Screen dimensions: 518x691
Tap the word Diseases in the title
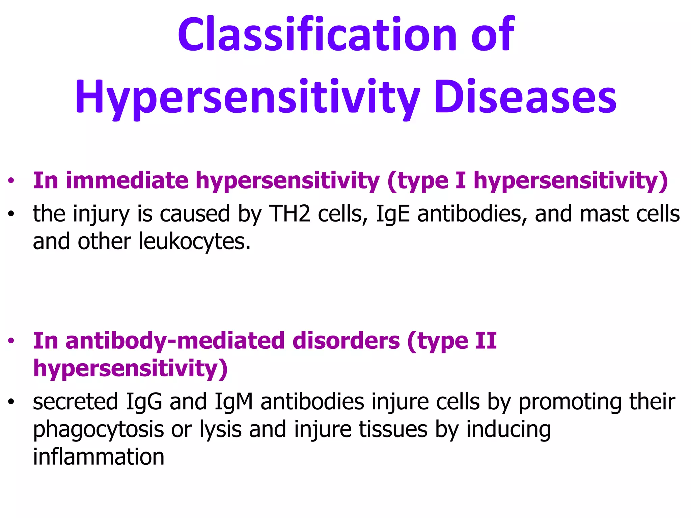tap(525, 97)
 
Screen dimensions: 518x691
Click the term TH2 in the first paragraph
tap(289, 214)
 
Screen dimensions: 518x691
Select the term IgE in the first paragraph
tap(393, 214)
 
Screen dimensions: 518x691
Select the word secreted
tap(75, 402)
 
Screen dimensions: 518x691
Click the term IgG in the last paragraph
tap(144, 402)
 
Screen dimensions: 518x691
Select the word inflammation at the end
tap(99, 457)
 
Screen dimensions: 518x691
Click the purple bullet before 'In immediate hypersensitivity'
tap(11, 181)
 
